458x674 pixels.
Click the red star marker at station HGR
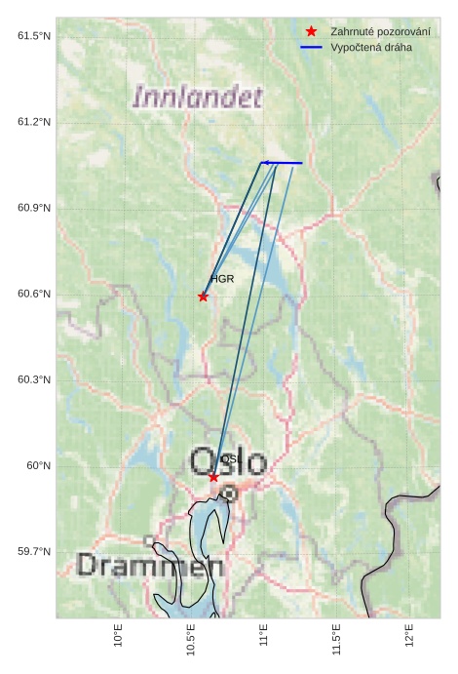pos(203,297)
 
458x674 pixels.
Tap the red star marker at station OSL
pos(213,477)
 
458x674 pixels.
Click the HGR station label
pos(222,279)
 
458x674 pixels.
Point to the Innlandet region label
pos(198,98)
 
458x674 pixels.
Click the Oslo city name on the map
pos(228,461)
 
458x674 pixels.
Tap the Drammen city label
pos(150,566)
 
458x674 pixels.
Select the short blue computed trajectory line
pos(282,163)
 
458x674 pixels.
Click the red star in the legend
pos(311,31)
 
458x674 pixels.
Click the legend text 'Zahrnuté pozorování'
pos(380,31)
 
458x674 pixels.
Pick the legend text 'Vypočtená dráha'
pos(371,47)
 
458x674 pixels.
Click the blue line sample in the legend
pos(311,47)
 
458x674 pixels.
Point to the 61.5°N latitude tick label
pos(34,36)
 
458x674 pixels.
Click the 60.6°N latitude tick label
pos(34,295)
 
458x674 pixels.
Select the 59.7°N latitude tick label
pos(34,552)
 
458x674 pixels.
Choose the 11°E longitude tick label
pos(264,635)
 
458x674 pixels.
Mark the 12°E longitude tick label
pos(409,635)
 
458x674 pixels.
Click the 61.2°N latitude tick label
pos(34,122)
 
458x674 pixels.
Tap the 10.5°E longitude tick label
pos(191,639)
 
